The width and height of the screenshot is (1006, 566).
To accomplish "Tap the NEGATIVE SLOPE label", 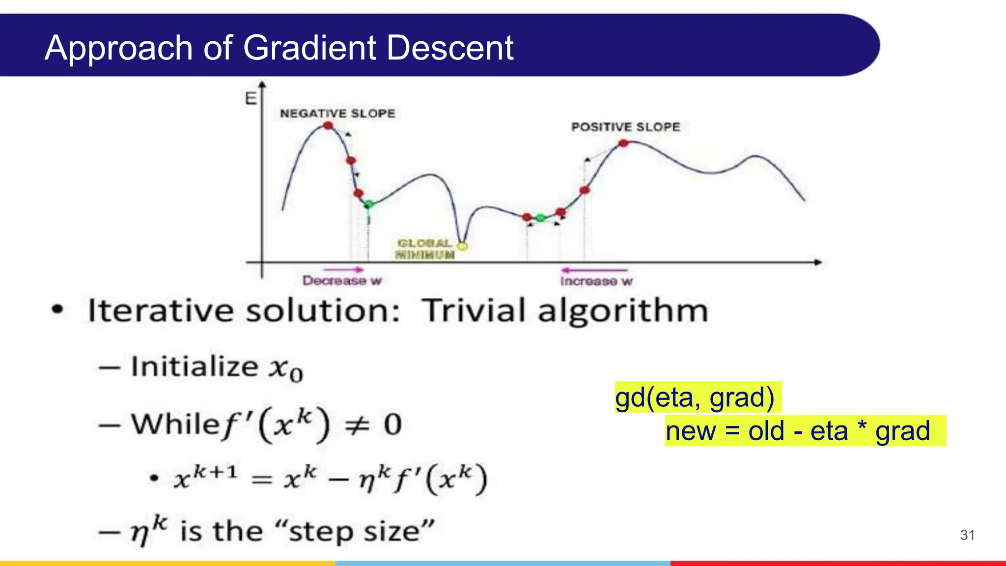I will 337,113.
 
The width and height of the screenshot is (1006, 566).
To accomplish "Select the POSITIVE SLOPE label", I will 625,127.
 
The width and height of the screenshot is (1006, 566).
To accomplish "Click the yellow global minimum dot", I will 462,246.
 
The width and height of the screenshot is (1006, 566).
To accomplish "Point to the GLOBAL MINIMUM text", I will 425,249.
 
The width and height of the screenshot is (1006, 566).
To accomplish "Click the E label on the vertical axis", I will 251,99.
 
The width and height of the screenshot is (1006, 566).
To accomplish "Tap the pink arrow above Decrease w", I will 343,269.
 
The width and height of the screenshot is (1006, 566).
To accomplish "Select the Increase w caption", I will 596,282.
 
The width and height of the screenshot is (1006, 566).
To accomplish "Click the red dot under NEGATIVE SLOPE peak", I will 328,126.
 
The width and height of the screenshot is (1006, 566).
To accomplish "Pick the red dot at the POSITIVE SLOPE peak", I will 623,143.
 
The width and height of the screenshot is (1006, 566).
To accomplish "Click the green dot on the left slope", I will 369,204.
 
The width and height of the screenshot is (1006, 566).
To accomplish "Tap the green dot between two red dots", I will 540,218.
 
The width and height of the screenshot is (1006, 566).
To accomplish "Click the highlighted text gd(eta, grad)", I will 695,397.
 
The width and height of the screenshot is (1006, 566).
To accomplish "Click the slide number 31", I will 967,535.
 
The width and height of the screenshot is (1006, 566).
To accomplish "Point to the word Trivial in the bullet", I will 475,311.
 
